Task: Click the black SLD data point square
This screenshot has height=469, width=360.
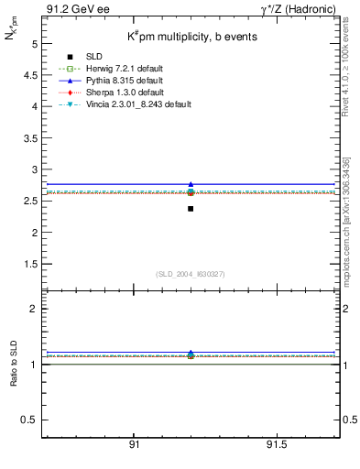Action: tap(191, 209)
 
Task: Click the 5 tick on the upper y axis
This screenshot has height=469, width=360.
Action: tap(34, 43)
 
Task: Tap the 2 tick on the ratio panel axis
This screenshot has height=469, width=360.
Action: tap(34, 309)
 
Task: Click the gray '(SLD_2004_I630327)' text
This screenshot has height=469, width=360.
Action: tap(190, 274)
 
